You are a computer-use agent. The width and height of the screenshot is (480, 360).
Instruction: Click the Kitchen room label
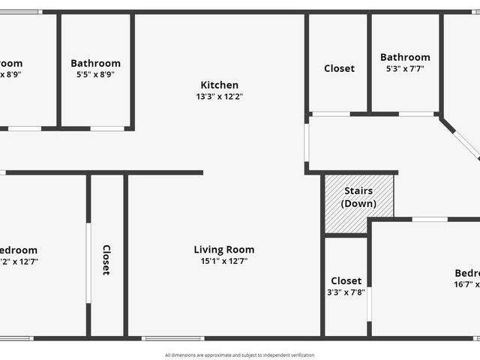(219, 85)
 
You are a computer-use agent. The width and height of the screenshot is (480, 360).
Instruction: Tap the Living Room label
(223, 250)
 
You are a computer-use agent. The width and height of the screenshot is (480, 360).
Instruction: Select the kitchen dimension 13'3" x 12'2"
(219, 97)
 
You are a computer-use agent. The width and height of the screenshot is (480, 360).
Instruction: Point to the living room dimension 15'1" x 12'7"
(223, 262)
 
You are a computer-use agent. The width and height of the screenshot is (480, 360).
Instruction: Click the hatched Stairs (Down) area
(358, 197)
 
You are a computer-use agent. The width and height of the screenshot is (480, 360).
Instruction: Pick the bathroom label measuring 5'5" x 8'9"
(95, 64)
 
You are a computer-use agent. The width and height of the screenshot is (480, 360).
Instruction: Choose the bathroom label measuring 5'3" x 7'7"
(405, 57)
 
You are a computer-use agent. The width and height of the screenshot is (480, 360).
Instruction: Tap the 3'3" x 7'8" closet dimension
(346, 292)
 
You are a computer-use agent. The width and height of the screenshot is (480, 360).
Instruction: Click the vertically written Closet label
(106, 260)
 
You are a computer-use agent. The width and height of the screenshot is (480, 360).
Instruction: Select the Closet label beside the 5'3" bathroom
(339, 68)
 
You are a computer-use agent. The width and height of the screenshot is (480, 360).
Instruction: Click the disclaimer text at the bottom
(240, 355)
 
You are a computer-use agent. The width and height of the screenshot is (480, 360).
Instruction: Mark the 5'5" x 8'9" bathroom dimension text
(95, 75)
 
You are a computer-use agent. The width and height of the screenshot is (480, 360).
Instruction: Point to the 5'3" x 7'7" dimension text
(405, 69)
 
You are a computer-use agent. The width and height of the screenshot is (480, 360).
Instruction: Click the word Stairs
(358, 191)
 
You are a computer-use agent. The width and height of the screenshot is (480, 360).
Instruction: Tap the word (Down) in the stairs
(358, 203)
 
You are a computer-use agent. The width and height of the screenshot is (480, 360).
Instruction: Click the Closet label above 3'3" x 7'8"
(346, 280)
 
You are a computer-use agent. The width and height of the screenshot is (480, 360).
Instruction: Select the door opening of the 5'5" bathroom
(107, 128)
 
